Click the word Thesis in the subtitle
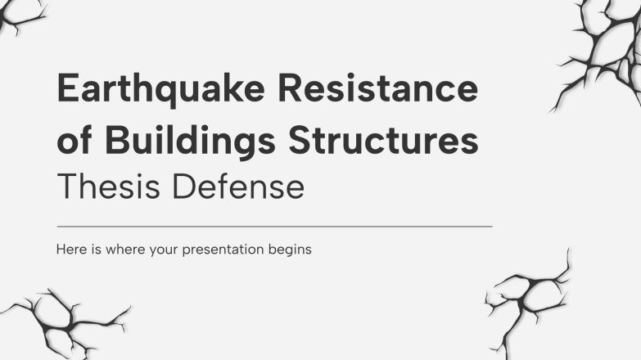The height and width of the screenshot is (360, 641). click(102, 187)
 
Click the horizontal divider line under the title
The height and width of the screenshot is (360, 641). click(274, 226)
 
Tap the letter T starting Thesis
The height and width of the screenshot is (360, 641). click(65, 187)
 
